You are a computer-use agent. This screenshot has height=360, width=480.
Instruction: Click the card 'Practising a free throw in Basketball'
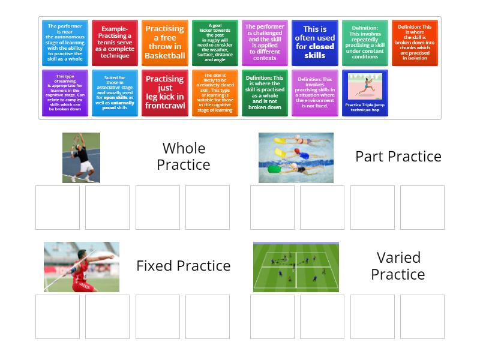[x=164, y=43]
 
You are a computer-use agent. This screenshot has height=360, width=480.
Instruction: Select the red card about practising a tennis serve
[x=115, y=43]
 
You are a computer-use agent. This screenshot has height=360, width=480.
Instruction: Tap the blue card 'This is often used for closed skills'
[x=314, y=43]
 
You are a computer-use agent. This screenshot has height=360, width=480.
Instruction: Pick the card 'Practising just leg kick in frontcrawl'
[x=164, y=92]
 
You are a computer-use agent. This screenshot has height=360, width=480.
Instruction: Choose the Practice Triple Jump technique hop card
[x=365, y=92]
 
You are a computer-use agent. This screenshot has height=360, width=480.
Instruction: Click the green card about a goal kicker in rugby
[x=215, y=43]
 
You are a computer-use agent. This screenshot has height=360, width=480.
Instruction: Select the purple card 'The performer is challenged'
[x=265, y=43]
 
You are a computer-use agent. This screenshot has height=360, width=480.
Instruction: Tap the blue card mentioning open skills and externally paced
[x=115, y=92]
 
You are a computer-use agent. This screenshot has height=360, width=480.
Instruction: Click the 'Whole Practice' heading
[x=183, y=157]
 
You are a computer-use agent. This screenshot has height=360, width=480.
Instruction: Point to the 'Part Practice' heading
[x=398, y=157]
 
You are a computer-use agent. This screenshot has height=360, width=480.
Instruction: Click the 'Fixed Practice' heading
[x=183, y=266]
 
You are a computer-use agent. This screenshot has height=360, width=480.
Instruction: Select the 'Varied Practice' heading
[x=398, y=266]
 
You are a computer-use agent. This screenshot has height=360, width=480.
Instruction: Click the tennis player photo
[x=81, y=158]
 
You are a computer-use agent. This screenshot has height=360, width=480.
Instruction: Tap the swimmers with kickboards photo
[x=296, y=158]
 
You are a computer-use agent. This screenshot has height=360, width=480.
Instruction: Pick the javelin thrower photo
[x=81, y=267]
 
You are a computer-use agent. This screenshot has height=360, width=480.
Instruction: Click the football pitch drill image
[x=296, y=267]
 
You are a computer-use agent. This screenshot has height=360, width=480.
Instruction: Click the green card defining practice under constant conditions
[x=365, y=43]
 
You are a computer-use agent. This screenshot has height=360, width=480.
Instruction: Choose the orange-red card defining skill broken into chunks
[x=415, y=43]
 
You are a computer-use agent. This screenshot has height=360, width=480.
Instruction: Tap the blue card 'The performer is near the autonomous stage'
[x=65, y=43]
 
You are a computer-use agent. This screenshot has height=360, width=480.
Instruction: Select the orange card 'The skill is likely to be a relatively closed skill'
[x=215, y=92]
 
